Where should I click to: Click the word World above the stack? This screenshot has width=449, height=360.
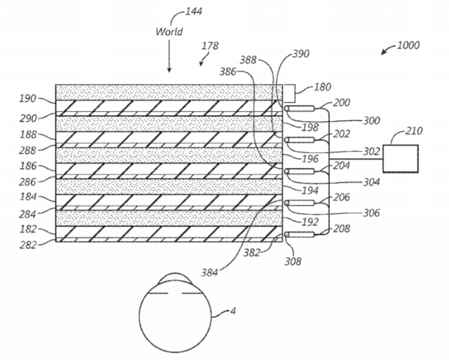(169, 32)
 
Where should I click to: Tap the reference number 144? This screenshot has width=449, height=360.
(194, 12)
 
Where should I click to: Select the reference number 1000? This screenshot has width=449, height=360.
(408, 45)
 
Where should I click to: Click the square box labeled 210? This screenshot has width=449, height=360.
(400, 158)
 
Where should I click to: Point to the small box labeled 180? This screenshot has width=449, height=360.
(289, 93)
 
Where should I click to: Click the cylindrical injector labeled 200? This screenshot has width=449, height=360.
(300, 109)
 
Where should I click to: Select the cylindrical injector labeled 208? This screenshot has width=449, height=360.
(300, 235)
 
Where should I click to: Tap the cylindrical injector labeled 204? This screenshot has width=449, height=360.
(300, 171)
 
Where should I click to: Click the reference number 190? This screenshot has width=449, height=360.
(28, 99)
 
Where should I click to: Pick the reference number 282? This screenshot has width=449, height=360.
(28, 245)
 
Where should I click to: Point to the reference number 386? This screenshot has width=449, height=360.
(228, 72)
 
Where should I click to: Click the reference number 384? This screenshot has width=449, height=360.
(210, 273)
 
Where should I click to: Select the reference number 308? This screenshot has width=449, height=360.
(293, 261)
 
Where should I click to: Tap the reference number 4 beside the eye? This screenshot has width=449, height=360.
(233, 311)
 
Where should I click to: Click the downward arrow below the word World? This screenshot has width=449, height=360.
(169, 56)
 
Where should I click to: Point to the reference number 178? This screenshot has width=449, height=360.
(210, 46)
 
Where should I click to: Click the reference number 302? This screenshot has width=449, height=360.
(371, 152)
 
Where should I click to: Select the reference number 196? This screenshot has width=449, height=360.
(310, 158)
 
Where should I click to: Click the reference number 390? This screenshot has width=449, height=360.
(301, 54)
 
